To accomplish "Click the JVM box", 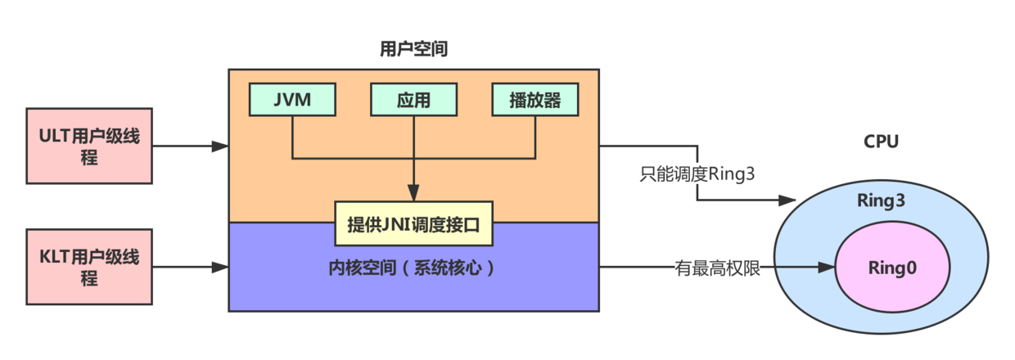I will tap(292, 100).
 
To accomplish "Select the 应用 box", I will tap(413, 100).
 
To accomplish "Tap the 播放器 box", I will tap(535, 100).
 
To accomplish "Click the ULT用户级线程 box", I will tap(89, 146).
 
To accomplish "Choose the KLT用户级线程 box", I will tap(89, 268).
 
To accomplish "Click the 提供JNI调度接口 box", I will tap(413, 223).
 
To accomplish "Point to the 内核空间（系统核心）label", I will tap(413, 268).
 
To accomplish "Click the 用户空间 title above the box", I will tap(413, 50).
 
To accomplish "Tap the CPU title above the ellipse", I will tap(881, 142).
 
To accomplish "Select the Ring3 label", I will tap(881, 200).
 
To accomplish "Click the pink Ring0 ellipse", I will tap(891, 268).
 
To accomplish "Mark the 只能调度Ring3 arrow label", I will tap(697, 174).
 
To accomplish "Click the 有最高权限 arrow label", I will tap(717, 268).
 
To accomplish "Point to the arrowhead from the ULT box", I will tap(219, 146).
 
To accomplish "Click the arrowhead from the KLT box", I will tap(219, 268).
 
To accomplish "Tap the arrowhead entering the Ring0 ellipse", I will tap(826, 268).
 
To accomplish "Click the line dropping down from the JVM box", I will tap(292, 135).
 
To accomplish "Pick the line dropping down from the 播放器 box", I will tap(535, 135).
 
